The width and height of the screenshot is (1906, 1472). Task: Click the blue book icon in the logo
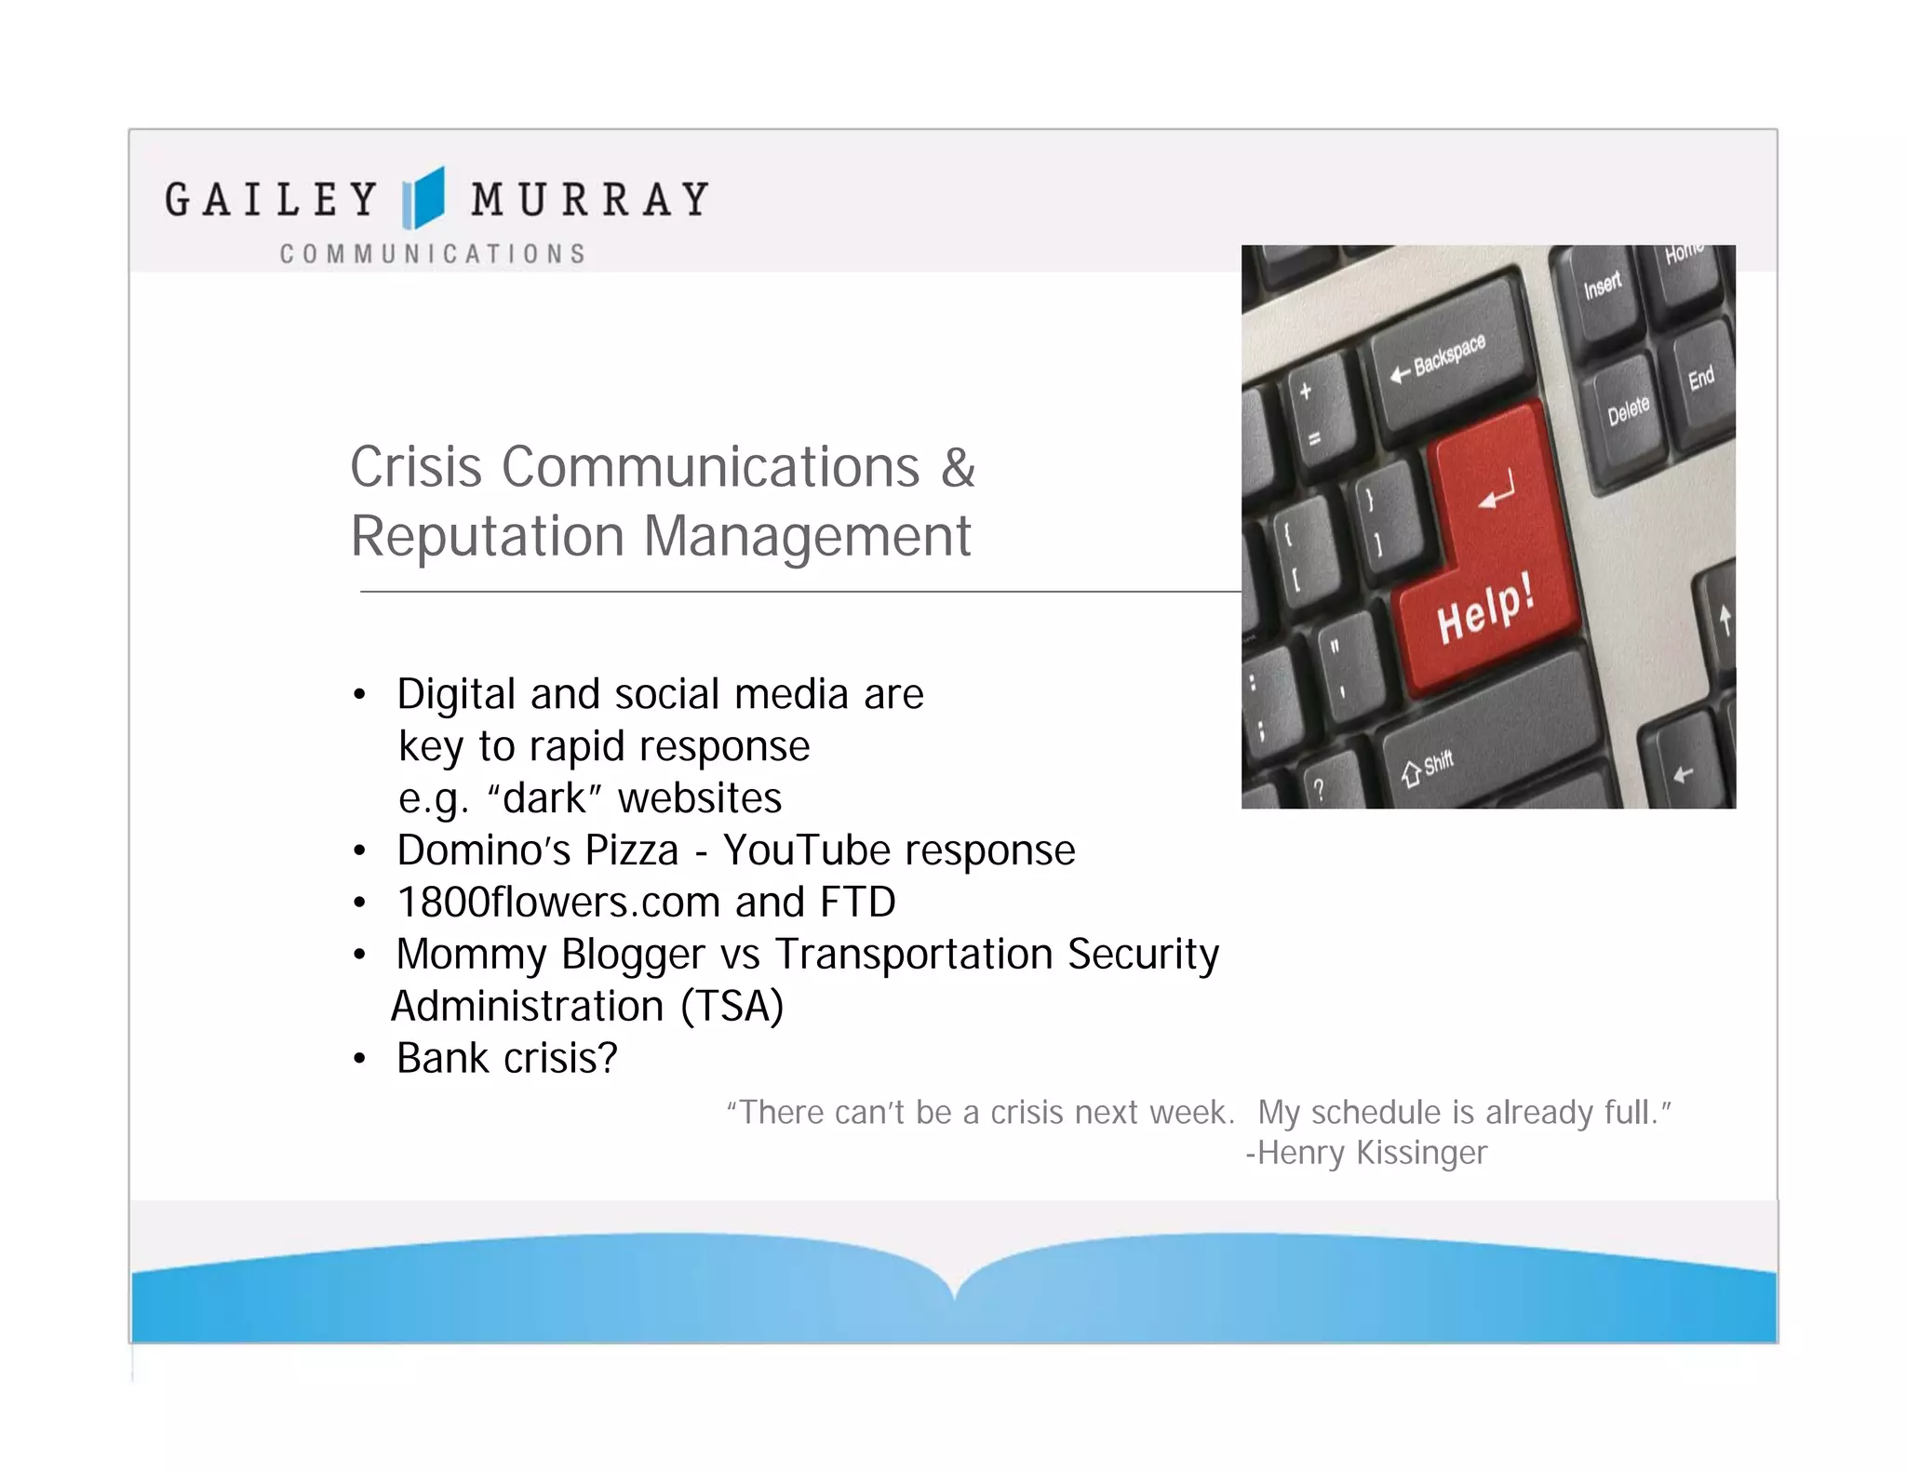tap(423, 198)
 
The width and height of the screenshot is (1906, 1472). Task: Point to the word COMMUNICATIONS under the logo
tap(433, 254)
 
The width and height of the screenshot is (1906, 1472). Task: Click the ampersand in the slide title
tap(958, 467)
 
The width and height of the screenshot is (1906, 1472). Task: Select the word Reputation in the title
tap(487, 537)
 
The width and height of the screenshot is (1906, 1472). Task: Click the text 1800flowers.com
tap(558, 903)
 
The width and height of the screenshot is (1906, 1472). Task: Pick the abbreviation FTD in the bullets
tap(857, 903)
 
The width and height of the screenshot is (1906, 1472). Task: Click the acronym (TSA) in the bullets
tap(732, 1007)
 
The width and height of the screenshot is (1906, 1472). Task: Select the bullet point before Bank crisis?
tap(360, 1060)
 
